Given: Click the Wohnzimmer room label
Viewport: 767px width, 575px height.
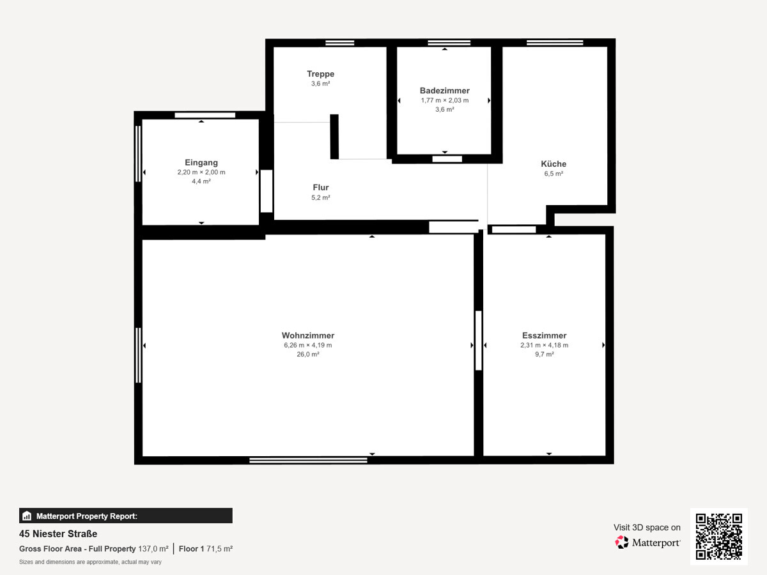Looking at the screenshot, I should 307,335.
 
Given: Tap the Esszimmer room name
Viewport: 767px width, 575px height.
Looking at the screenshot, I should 544,335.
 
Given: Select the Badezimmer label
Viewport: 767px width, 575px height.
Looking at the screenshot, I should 444,91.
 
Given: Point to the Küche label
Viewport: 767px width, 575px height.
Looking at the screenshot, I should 553,164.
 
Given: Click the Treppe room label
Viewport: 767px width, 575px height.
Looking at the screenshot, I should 320,73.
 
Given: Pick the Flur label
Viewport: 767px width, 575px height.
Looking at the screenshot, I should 320,187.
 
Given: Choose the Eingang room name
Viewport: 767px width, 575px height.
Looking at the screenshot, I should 201,163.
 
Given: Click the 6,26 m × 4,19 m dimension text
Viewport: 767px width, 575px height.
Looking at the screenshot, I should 307,345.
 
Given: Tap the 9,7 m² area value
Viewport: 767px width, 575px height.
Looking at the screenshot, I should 544,354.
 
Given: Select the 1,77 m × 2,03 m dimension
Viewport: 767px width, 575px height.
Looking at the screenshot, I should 444,100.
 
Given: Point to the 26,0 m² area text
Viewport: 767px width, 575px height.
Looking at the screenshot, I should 307,354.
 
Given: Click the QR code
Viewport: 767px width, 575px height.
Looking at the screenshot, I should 718,537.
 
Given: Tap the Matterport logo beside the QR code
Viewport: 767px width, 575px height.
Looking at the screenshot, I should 647,542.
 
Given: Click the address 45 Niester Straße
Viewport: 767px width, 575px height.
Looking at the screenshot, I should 58,534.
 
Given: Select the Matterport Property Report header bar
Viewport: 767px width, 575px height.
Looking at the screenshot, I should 125,516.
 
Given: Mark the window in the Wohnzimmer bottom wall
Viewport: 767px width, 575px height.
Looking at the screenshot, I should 308,459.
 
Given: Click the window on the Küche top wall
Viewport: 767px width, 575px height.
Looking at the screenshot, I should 555,43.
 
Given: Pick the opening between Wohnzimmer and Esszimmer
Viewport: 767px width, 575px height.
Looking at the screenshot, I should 478,340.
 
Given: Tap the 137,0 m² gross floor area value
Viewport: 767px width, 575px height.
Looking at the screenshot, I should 153,549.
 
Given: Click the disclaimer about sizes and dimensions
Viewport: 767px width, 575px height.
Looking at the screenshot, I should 89,562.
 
